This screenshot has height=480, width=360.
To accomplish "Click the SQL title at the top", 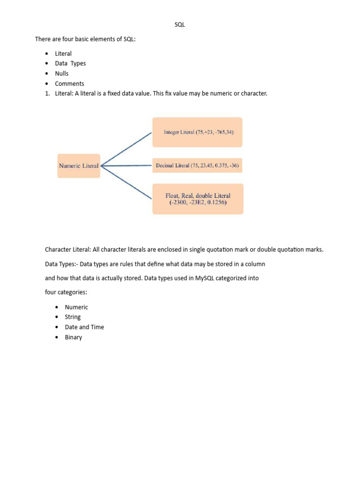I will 180,25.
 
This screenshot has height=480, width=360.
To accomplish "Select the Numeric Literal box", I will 79,165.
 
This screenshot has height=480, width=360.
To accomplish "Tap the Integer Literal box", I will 197,132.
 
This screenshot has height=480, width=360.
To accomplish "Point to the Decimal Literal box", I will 197,165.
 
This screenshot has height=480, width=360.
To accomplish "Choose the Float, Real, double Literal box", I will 198,199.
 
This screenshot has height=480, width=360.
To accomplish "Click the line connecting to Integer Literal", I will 127,149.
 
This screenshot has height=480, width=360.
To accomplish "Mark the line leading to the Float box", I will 127,182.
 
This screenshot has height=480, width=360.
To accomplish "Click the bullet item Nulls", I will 62,74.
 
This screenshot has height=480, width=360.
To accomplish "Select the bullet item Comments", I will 69,84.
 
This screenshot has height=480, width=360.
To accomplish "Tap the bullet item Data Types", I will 70,63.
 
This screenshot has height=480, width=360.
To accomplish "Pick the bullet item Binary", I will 74,337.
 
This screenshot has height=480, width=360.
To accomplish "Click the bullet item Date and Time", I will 84,327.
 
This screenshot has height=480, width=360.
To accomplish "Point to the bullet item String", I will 73,317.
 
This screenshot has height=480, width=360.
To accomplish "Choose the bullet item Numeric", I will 76,307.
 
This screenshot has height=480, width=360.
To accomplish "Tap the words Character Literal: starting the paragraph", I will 68,249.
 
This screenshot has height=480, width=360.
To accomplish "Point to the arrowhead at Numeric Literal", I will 103,165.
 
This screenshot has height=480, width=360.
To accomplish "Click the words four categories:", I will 66,292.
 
